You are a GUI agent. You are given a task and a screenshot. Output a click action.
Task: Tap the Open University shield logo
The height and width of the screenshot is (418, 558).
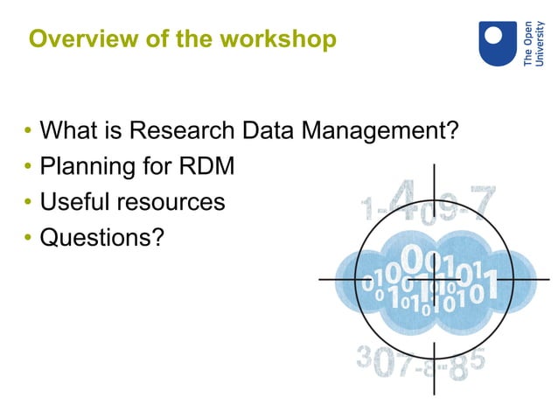coord(497,44)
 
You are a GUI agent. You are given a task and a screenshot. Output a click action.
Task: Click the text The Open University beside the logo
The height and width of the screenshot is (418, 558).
coord(533,45)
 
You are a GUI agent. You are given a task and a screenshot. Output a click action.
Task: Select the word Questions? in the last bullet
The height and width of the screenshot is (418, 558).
coord(102,237)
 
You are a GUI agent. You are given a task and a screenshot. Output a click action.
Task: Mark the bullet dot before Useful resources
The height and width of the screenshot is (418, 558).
coord(28,203)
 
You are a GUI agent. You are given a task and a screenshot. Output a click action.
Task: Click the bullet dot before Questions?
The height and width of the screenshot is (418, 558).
coord(28,238)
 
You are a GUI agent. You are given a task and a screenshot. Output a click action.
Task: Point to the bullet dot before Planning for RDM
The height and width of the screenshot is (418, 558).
coord(28,168)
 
